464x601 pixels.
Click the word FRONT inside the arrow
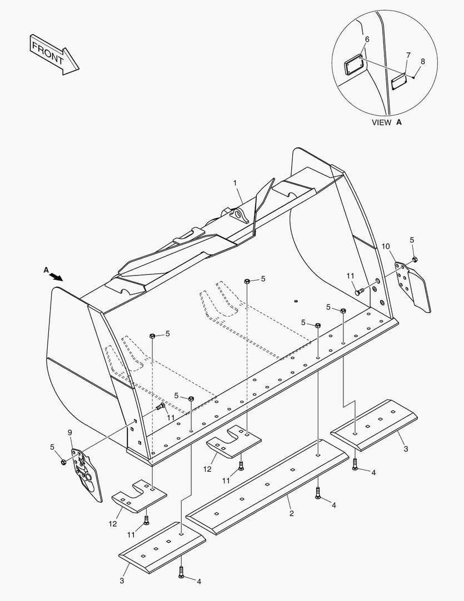coord(48,52)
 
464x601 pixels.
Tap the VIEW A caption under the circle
coord(386,122)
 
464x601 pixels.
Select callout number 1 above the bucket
coord(235,183)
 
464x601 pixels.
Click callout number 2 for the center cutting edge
coord(291,513)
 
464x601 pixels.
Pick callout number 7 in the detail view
coord(408,56)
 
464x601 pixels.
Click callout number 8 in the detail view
coord(423,62)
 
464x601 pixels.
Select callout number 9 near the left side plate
coord(70,432)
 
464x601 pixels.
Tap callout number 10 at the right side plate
coord(386,246)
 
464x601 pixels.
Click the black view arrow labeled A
coord(56,275)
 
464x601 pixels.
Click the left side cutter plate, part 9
coord(86,473)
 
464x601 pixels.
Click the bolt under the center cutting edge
coord(318,492)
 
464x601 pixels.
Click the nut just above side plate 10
coord(415,259)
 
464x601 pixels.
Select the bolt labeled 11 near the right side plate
coord(360,290)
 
